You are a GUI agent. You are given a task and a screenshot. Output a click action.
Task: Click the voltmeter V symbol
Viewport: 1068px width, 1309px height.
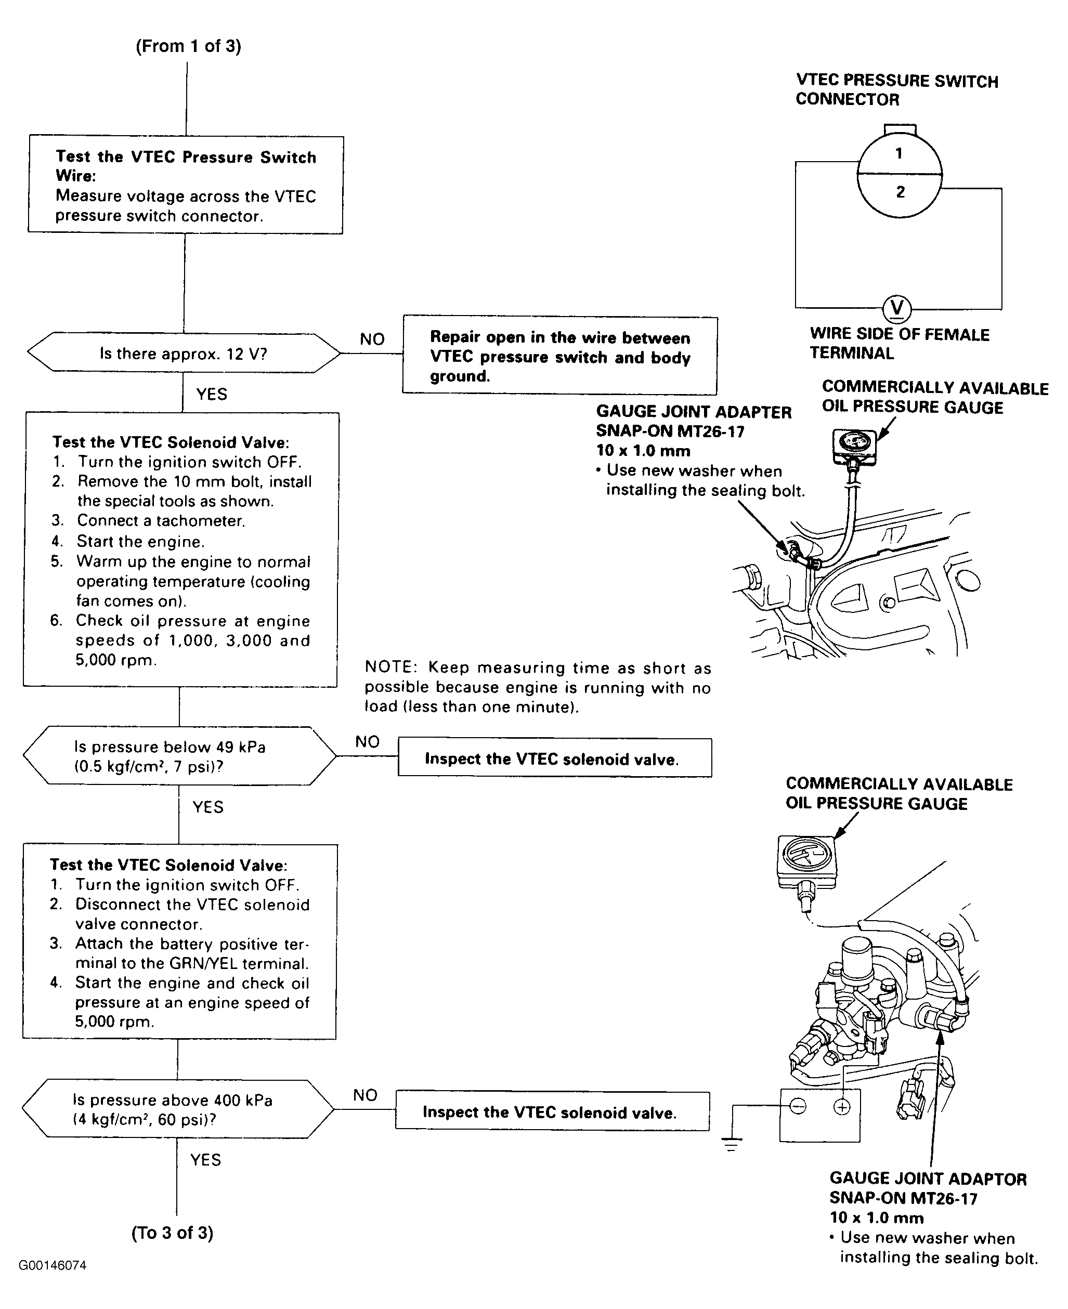pos(897,308)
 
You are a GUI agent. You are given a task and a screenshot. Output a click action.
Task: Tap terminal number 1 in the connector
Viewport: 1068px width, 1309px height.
pos(899,153)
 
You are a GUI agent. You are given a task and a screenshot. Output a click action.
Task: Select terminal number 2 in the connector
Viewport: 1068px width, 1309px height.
pos(900,192)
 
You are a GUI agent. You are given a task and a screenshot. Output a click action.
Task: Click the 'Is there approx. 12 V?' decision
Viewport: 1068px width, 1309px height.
pos(184,354)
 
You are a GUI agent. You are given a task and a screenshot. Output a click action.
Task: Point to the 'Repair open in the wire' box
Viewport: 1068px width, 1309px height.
pos(560,356)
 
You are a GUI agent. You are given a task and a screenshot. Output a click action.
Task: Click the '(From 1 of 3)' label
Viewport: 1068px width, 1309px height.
pos(188,46)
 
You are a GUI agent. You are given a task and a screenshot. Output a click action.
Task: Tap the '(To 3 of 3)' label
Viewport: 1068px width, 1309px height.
pos(172,1233)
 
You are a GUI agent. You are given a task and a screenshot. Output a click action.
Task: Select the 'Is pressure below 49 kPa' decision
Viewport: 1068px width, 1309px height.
pos(179,756)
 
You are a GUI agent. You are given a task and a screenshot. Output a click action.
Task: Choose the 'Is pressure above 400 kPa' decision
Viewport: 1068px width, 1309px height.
pos(178,1109)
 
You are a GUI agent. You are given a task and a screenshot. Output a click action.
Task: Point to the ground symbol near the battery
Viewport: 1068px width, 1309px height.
pos(732,1145)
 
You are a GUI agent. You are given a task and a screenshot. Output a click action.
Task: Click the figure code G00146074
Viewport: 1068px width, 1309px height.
pos(53,1265)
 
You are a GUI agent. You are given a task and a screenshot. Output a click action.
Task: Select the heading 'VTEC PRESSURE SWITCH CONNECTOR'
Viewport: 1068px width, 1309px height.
pos(896,90)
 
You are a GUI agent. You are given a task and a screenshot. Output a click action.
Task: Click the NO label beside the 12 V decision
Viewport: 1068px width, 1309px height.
pos(372,339)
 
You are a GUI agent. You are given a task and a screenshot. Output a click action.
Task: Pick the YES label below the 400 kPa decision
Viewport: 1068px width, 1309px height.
pos(205,1159)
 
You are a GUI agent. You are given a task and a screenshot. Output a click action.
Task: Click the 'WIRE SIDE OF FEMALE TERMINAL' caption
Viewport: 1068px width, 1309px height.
pos(899,343)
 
